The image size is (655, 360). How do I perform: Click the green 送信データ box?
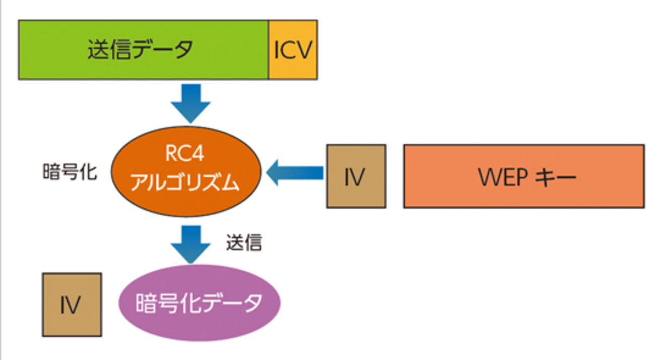pos(143,50)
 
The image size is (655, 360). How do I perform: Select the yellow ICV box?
pos(293,50)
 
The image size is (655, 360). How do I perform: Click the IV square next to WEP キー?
pos(356,176)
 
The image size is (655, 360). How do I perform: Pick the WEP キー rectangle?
pos(523,176)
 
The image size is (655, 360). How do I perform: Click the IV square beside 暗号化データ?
pos(72,305)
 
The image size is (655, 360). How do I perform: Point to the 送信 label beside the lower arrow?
pos(243,243)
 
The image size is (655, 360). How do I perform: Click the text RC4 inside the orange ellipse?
pos(185,155)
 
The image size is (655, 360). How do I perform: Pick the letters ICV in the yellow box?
pos(293,50)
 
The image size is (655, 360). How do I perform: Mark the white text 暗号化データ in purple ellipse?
pos(199,304)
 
